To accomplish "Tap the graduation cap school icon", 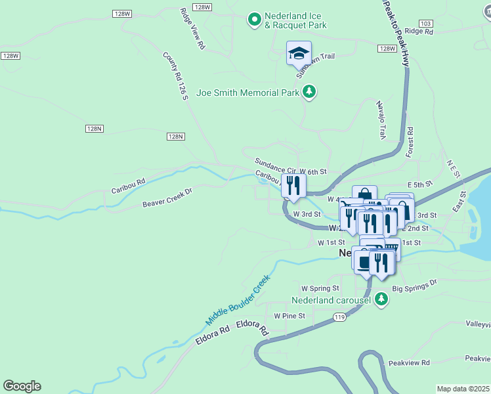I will (x=299, y=53).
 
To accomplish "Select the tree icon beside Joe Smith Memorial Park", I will (x=309, y=93).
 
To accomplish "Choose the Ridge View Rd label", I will (x=193, y=29).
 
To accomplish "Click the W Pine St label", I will (x=289, y=316).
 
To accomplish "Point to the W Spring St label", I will (x=320, y=288).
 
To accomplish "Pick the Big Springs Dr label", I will (x=414, y=286).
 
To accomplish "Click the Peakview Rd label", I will (x=408, y=362).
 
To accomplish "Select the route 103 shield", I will (x=426, y=23).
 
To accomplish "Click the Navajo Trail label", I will (x=379, y=120).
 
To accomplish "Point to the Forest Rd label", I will (x=410, y=142).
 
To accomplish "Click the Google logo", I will (x=22, y=386).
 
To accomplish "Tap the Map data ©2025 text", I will (x=463, y=389).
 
